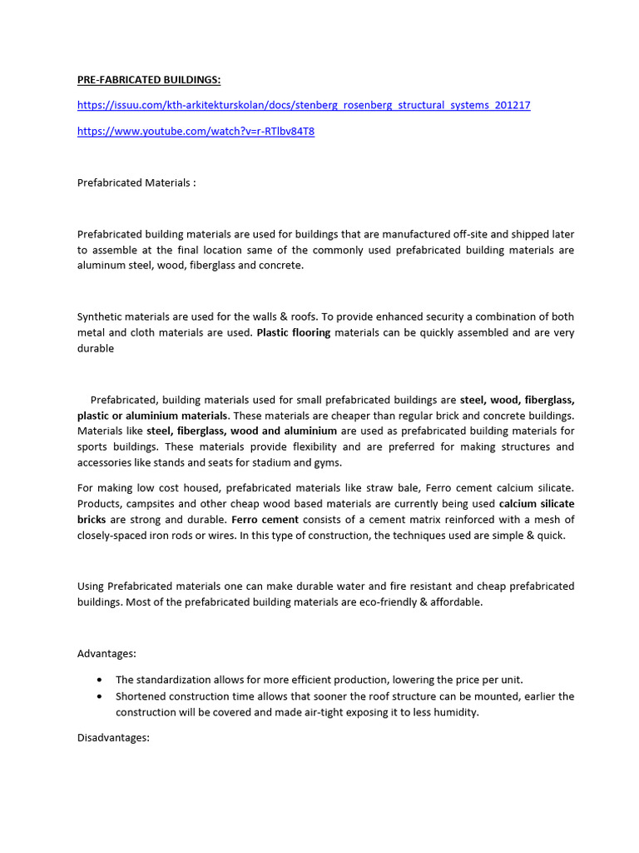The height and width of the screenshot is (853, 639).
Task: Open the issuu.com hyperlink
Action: pyautogui.click(x=304, y=105)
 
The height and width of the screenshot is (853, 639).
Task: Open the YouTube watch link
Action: pyautogui.click(x=196, y=132)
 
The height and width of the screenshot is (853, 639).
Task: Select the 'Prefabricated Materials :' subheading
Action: pyautogui.click(x=136, y=182)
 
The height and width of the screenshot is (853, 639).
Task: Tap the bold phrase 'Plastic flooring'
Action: pyautogui.click(x=294, y=332)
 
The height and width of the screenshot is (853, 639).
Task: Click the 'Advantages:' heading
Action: pyautogui.click(x=106, y=652)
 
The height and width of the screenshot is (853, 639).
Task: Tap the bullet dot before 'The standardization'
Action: pyautogui.click(x=101, y=680)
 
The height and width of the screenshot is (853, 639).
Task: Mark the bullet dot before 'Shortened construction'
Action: pyautogui.click(x=101, y=696)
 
